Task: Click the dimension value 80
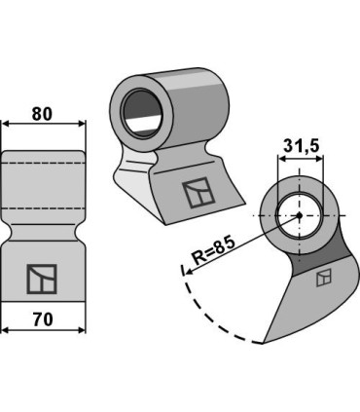coord(42,114)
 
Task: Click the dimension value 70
coord(43,319)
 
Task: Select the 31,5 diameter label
coord(302,146)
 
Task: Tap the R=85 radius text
coord(213,250)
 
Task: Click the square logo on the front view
coord(42,279)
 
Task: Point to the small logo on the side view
coord(324,278)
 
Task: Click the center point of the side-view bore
coord(300,215)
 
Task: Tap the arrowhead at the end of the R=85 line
coord(188,272)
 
